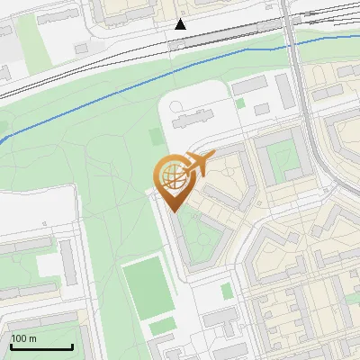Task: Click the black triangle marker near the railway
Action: tap(181, 24)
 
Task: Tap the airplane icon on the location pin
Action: tap(196, 165)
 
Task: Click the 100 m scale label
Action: tap(24, 338)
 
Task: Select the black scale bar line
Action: tap(41, 346)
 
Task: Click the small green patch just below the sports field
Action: tap(161, 328)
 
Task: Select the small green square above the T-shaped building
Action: tap(226, 291)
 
